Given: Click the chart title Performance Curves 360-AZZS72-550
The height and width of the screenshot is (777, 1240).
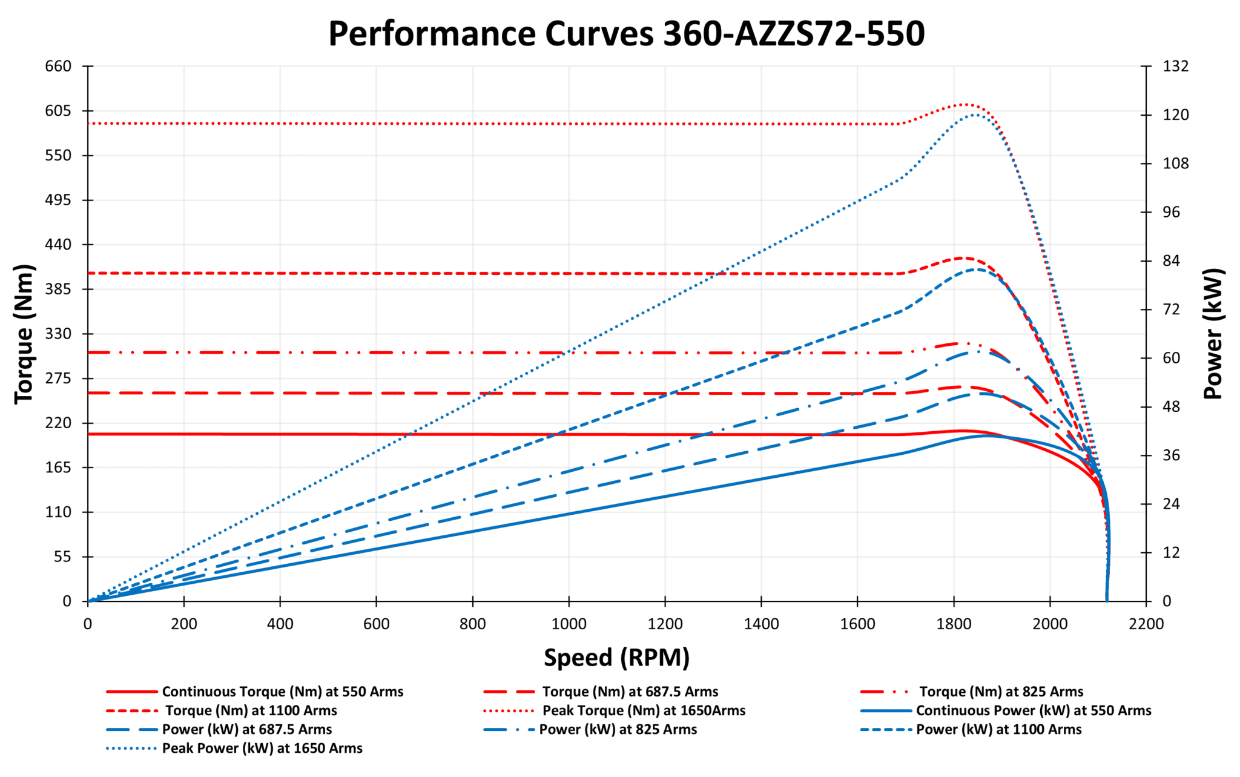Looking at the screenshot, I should [x=626, y=34].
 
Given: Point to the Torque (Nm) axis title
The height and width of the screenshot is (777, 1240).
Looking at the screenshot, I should [x=24, y=334].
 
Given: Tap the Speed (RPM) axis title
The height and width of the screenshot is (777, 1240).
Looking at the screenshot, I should [x=616, y=658].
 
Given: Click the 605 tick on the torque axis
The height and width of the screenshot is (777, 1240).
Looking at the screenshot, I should [x=58, y=111].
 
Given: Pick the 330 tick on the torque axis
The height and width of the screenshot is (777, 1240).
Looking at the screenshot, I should [x=58, y=334].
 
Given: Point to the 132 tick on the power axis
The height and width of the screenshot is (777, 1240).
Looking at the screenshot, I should [x=1175, y=66].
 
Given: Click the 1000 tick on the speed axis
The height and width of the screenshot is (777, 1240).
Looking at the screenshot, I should [x=569, y=624].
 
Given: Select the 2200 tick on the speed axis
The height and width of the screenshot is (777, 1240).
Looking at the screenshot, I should [x=1146, y=624].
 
